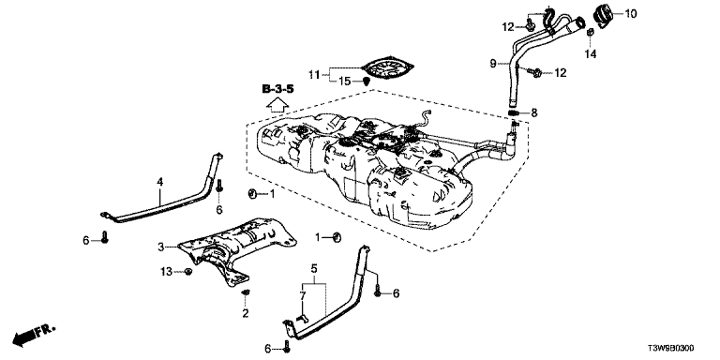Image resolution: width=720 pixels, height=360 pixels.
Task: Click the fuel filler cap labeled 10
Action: (x=603, y=14)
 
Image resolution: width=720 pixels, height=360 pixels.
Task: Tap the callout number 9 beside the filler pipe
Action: (x=493, y=64)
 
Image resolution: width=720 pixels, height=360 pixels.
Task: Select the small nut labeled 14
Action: (x=591, y=33)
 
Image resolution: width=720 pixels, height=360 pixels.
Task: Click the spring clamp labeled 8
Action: (x=514, y=112)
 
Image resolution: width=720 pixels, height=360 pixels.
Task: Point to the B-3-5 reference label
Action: (x=277, y=89)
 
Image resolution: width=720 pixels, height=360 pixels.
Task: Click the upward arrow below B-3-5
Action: (x=277, y=105)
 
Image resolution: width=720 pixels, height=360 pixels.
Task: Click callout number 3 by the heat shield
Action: (x=160, y=247)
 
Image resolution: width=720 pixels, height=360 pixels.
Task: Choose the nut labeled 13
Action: (x=187, y=272)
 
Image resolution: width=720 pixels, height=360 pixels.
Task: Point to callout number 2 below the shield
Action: (x=246, y=314)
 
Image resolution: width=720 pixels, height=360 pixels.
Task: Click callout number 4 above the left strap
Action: (x=159, y=182)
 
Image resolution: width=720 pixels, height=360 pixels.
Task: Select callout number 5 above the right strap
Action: (x=314, y=267)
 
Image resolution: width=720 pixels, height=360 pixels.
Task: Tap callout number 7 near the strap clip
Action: (x=302, y=297)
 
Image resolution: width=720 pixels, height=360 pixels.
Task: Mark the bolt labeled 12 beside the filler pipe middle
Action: (x=534, y=72)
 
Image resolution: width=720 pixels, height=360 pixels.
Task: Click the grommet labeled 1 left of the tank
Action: (x=252, y=194)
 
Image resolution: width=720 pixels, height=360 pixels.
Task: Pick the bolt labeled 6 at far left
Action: (x=105, y=237)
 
